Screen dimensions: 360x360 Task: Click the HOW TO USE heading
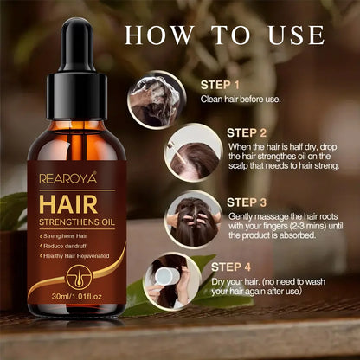[x=225, y=35]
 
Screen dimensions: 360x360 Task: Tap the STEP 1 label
[x=220, y=85]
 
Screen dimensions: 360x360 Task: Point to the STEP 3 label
[x=247, y=202]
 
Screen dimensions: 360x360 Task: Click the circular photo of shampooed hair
[x=155, y=98]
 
